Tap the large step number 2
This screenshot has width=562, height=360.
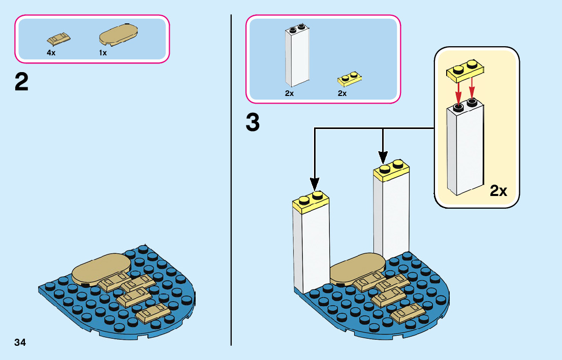(x=22, y=82)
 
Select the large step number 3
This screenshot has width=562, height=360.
(x=253, y=123)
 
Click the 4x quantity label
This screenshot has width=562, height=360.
(x=51, y=53)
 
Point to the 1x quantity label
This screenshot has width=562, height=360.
(x=103, y=53)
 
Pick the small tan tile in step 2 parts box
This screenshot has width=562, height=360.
(x=58, y=39)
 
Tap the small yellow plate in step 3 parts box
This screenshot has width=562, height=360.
(x=350, y=79)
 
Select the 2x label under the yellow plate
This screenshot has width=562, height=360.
(x=342, y=93)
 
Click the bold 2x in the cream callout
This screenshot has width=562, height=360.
(x=498, y=191)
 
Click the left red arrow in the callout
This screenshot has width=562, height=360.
(x=458, y=91)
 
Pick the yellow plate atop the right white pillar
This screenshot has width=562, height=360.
(x=391, y=170)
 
